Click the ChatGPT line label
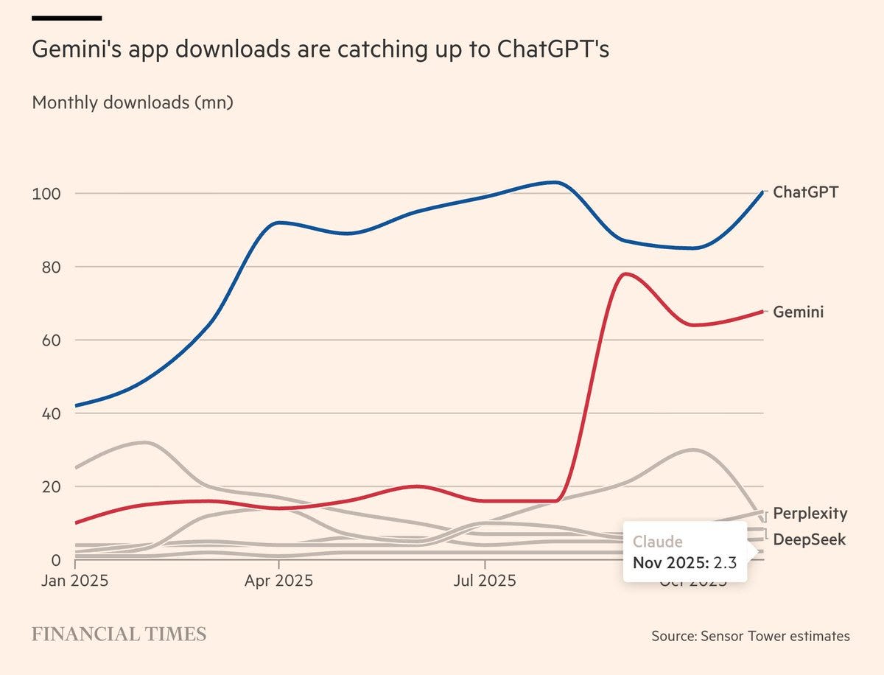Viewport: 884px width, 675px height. coord(805,192)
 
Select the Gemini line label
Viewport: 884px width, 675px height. coord(798,312)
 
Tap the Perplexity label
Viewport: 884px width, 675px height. coord(810,514)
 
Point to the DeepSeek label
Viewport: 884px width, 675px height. coord(809,539)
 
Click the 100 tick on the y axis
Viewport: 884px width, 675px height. coord(45,193)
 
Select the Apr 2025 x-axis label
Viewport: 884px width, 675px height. coord(278,581)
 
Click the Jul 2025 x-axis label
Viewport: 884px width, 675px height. coord(484,581)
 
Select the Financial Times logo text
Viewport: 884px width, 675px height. coord(119,634)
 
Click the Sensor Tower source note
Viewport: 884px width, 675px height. coord(750,636)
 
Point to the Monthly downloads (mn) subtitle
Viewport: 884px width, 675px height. coord(133,102)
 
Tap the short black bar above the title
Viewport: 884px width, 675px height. coord(67,18)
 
